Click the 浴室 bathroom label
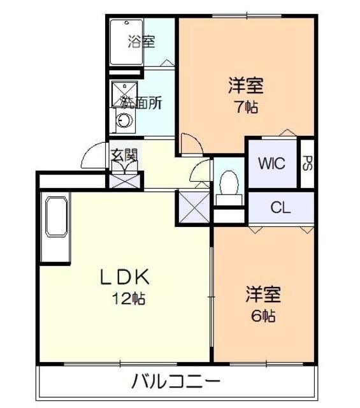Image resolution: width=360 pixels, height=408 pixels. (x=141, y=43)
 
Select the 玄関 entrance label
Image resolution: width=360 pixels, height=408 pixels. (x=124, y=155)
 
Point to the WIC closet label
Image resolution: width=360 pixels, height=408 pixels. (x=271, y=163)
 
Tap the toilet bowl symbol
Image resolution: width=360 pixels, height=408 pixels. (x=228, y=184)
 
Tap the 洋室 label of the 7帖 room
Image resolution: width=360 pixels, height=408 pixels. (x=246, y=85)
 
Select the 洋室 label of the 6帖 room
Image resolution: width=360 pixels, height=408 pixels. (x=263, y=295)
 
